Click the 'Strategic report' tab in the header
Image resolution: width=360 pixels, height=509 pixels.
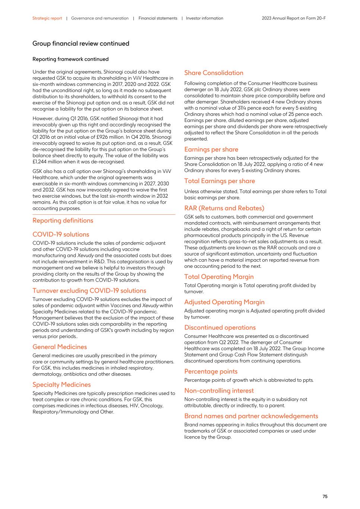tap(47, 18)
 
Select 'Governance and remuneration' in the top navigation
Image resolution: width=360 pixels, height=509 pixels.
tap(100, 18)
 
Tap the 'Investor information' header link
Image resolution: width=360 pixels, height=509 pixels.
tap(204, 18)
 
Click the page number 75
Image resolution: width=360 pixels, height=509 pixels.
tap(325, 496)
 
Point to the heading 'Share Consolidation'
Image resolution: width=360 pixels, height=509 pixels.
tap(214, 73)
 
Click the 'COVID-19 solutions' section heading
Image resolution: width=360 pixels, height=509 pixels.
tap(61, 235)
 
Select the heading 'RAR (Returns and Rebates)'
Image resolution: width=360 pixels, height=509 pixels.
tap(224, 208)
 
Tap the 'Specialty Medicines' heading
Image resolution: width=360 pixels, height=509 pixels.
tap(61, 385)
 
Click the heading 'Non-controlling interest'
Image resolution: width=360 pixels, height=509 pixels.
tap(219, 391)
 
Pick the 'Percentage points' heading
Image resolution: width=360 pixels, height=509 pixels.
tap(211, 371)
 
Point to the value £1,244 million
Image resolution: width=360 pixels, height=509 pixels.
tap(49, 162)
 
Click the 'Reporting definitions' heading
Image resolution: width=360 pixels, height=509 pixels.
tap(63, 220)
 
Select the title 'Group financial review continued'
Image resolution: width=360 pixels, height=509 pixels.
tap(80, 44)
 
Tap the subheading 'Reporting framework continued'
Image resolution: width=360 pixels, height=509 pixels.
tap(70, 59)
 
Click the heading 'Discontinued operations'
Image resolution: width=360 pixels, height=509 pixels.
tap(220, 328)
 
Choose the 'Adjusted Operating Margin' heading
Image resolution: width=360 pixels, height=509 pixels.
tap(224, 302)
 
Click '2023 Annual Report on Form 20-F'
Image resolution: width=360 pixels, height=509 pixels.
tap(294, 18)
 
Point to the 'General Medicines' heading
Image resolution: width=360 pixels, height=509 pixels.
tap(60, 347)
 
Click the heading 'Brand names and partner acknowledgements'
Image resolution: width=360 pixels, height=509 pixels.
tap(251, 416)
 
